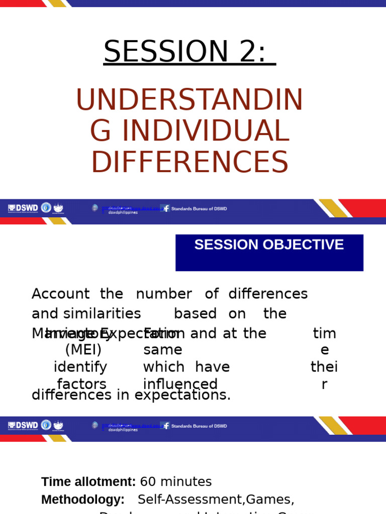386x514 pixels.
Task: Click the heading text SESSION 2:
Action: click(189, 52)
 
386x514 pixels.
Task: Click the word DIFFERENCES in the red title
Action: click(189, 163)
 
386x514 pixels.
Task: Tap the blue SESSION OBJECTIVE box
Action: click(269, 252)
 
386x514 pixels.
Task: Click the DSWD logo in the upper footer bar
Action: click(23, 208)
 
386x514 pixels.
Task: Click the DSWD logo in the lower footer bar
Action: click(23, 425)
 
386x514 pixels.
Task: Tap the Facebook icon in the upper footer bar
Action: click(165, 208)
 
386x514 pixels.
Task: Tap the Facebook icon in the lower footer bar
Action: click(165, 426)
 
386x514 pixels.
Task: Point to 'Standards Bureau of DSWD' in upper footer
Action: click(199, 209)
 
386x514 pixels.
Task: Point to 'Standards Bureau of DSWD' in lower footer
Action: click(199, 426)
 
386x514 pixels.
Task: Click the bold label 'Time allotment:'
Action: click(88, 482)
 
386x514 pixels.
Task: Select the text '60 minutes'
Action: click(176, 482)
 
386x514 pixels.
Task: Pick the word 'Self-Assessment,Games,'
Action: click(216, 499)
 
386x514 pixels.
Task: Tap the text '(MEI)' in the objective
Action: click(83, 349)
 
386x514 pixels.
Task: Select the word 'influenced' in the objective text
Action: click(180, 384)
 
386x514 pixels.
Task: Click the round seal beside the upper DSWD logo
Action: click(46, 207)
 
